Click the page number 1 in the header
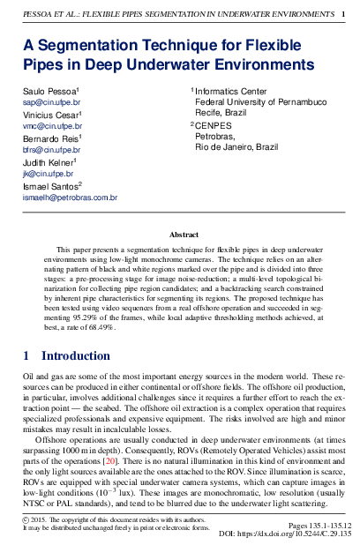(342, 14)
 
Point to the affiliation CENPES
(213, 126)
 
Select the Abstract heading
(184, 235)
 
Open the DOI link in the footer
(298, 534)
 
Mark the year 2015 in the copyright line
(41, 521)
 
